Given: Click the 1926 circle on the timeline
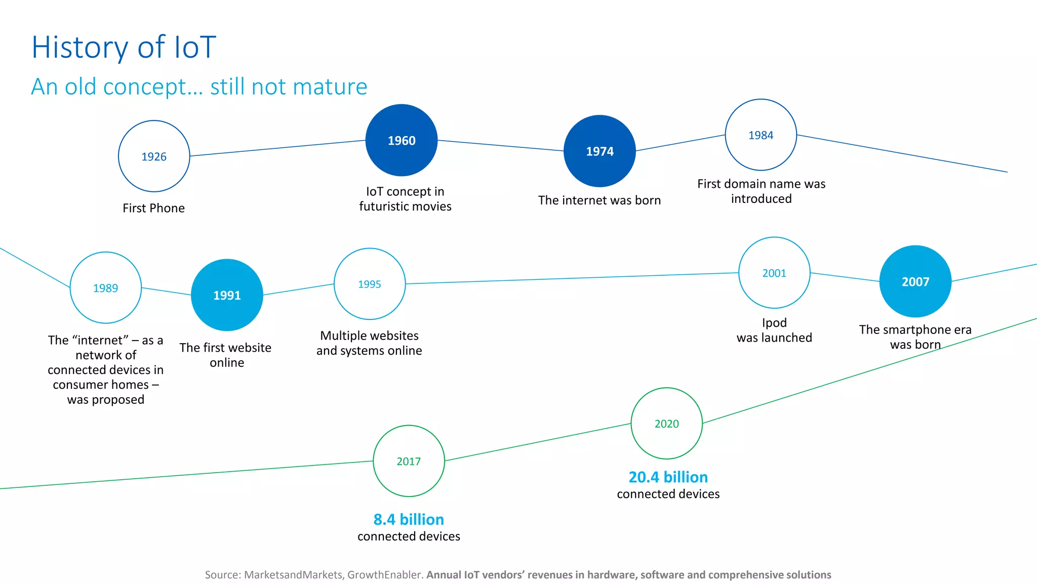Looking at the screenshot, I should (154, 156).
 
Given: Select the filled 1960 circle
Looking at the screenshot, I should (402, 140).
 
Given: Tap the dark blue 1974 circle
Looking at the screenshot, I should (600, 151).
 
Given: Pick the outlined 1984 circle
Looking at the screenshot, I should (761, 135).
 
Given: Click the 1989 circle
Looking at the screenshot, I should (105, 287).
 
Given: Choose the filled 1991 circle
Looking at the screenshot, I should (227, 295).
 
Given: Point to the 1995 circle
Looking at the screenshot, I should (370, 284).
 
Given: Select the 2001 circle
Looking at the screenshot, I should (774, 273).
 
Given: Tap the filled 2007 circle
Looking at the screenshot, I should (915, 281).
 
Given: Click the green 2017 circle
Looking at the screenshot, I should (409, 461).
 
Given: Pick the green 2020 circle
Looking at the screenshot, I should (666, 424).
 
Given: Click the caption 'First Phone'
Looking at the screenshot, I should (153, 208).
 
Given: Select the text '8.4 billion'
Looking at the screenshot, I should (409, 519).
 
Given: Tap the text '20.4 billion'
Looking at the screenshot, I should (668, 477).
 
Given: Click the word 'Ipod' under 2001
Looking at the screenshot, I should (774, 322).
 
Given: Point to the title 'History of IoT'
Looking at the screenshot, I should (124, 47).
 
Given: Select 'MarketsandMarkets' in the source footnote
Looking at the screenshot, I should (293, 575).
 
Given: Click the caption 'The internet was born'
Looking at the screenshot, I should (600, 200).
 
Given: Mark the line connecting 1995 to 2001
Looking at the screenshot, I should (572, 278).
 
